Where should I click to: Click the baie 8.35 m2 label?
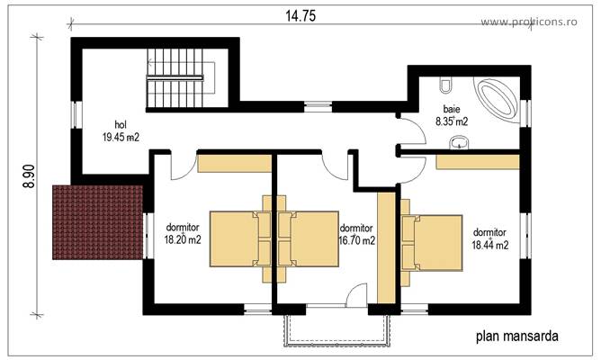pyautogui.click(x=452, y=113)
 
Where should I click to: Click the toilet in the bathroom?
pyautogui.click(x=445, y=86)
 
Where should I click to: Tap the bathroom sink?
pyautogui.click(x=461, y=141)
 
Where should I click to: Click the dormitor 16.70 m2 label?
pyautogui.click(x=356, y=234)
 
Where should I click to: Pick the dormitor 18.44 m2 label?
pyautogui.click(x=490, y=238)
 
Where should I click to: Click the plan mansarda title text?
pyautogui.click(x=516, y=337)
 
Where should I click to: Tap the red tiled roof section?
pyautogui.click(x=98, y=220)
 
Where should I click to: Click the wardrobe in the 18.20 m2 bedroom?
pyautogui.click(x=235, y=164)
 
